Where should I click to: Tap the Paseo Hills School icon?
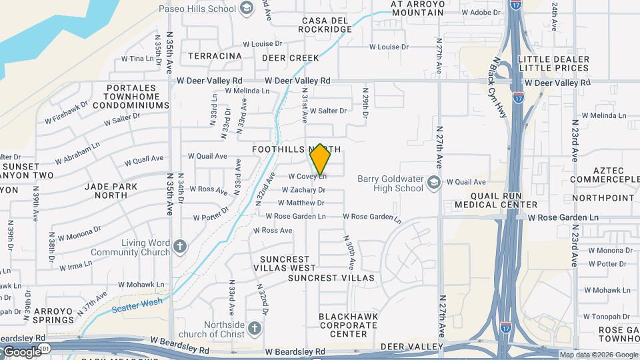coord(247,9)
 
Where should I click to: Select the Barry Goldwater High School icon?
coord(434,183)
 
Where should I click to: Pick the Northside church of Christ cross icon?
coord(253,328)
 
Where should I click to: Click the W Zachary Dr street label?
coord(303,190)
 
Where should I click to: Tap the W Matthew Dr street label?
coord(302,203)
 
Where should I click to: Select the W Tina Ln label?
coord(137,59)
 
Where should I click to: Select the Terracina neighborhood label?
coord(215,56)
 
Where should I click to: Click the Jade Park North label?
coord(106,190)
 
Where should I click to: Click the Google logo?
coord(21,351)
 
